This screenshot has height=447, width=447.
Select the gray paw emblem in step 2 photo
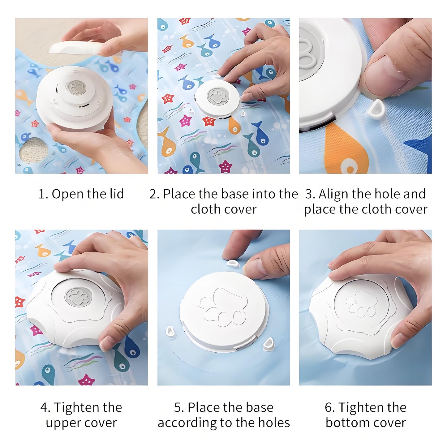[217, 95]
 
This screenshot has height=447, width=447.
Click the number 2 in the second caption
[153, 194]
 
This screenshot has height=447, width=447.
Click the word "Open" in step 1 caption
[68, 194]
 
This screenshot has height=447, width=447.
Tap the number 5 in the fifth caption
[178, 407]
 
